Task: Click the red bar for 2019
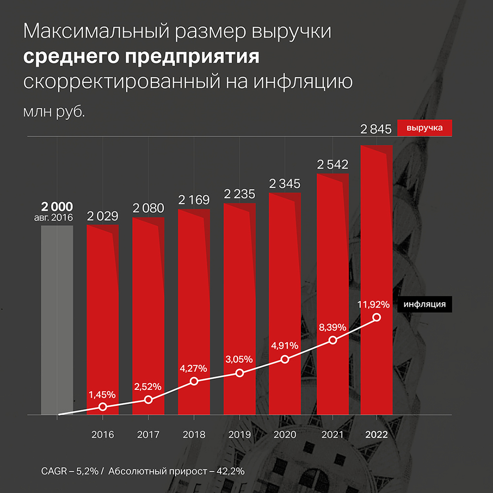[240, 296]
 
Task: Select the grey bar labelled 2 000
[57, 320]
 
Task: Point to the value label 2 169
[194, 200]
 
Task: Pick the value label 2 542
[333, 165]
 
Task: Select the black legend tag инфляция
[424, 304]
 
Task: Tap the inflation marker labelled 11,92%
[377, 317]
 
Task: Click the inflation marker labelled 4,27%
[194, 381]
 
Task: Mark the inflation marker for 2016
[103, 407]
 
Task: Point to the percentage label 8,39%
[333, 327]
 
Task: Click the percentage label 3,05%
[240, 359]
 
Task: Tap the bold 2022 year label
[377, 435]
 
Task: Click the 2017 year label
[148, 435]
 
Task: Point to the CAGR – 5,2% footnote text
[70, 471]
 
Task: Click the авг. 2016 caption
[57, 217]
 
